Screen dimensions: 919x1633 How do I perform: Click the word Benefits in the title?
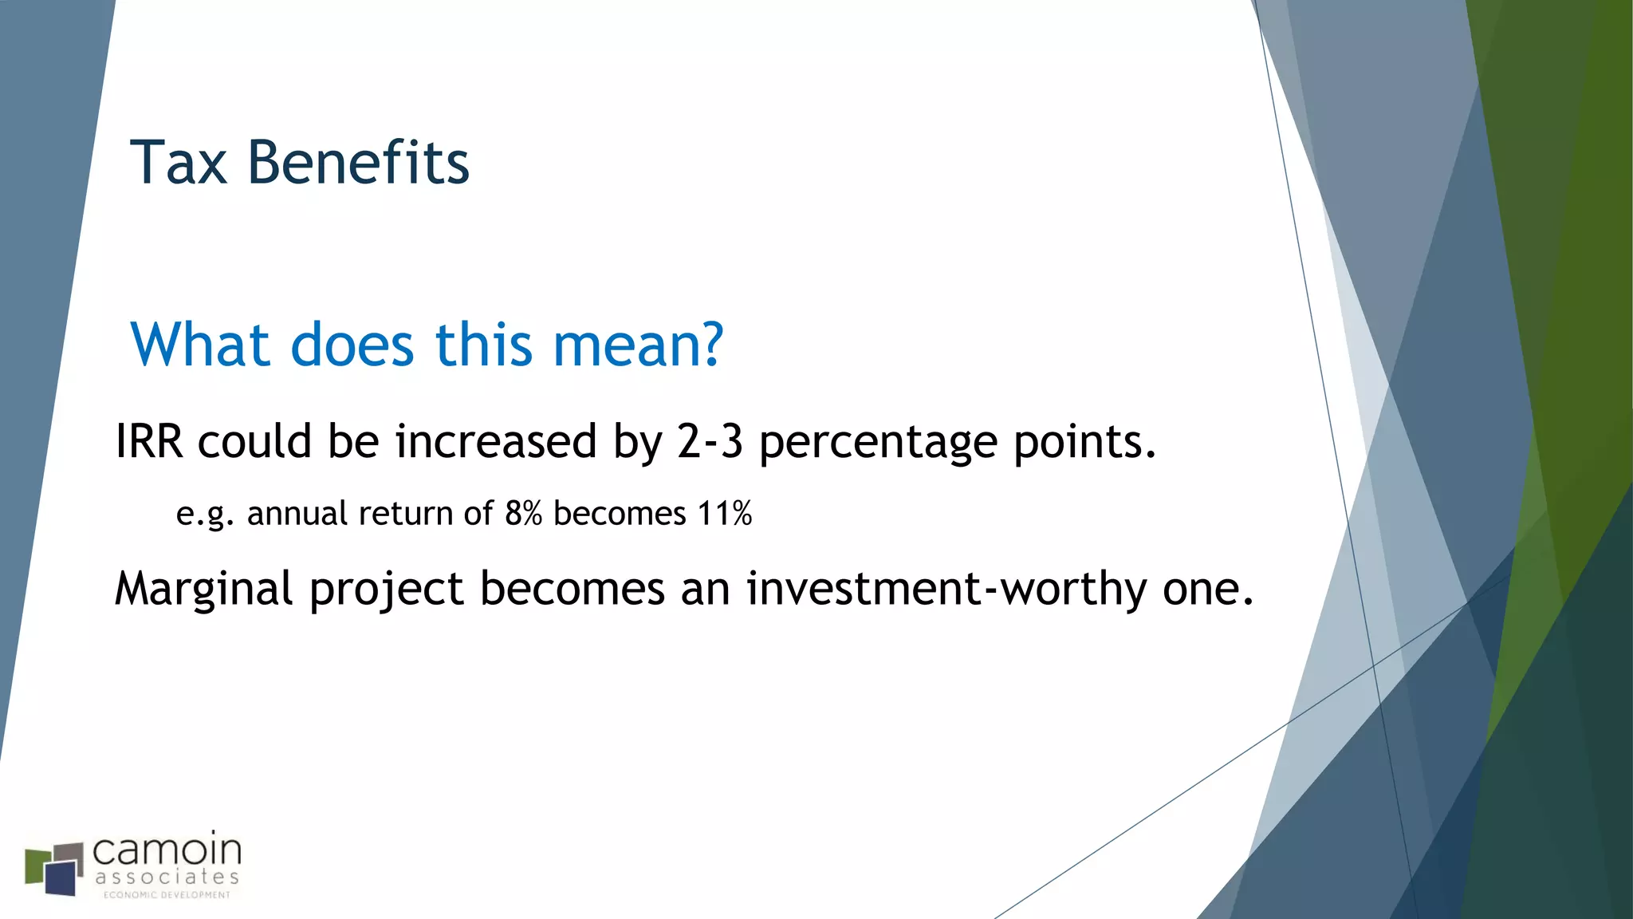(x=358, y=164)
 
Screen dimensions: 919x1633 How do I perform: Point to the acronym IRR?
(x=149, y=441)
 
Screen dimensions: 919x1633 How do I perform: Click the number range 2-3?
(x=710, y=441)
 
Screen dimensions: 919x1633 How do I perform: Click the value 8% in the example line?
(x=523, y=514)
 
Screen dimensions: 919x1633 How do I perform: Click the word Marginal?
(x=204, y=590)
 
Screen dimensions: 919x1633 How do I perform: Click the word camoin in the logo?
(x=167, y=850)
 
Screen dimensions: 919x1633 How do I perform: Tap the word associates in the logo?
(x=167, y=878)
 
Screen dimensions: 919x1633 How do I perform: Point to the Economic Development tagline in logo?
(x=167, y=895)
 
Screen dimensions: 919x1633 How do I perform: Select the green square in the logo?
(x=35, y=866)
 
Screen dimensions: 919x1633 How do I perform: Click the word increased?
(x=495, y=441)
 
